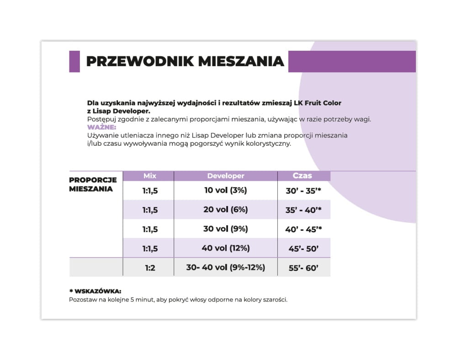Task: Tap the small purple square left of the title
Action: [74, 62]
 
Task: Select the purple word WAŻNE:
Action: [102, 127]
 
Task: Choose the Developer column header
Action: [226, 176]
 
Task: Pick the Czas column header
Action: [302, 176]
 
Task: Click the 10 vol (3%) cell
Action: [226, 191]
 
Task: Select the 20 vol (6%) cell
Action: [226, 210]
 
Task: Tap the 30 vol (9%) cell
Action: [226, 229]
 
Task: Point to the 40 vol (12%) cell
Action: [226, 248]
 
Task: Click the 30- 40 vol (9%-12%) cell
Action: [226, 268]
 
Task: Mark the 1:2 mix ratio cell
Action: [150, 268]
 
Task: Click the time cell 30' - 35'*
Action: [304, 191]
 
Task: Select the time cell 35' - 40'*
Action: [304, 210]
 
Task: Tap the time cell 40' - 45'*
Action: [304, 229]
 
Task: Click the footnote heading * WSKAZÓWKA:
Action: [95, 291]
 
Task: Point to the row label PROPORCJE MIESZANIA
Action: [93, 184]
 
